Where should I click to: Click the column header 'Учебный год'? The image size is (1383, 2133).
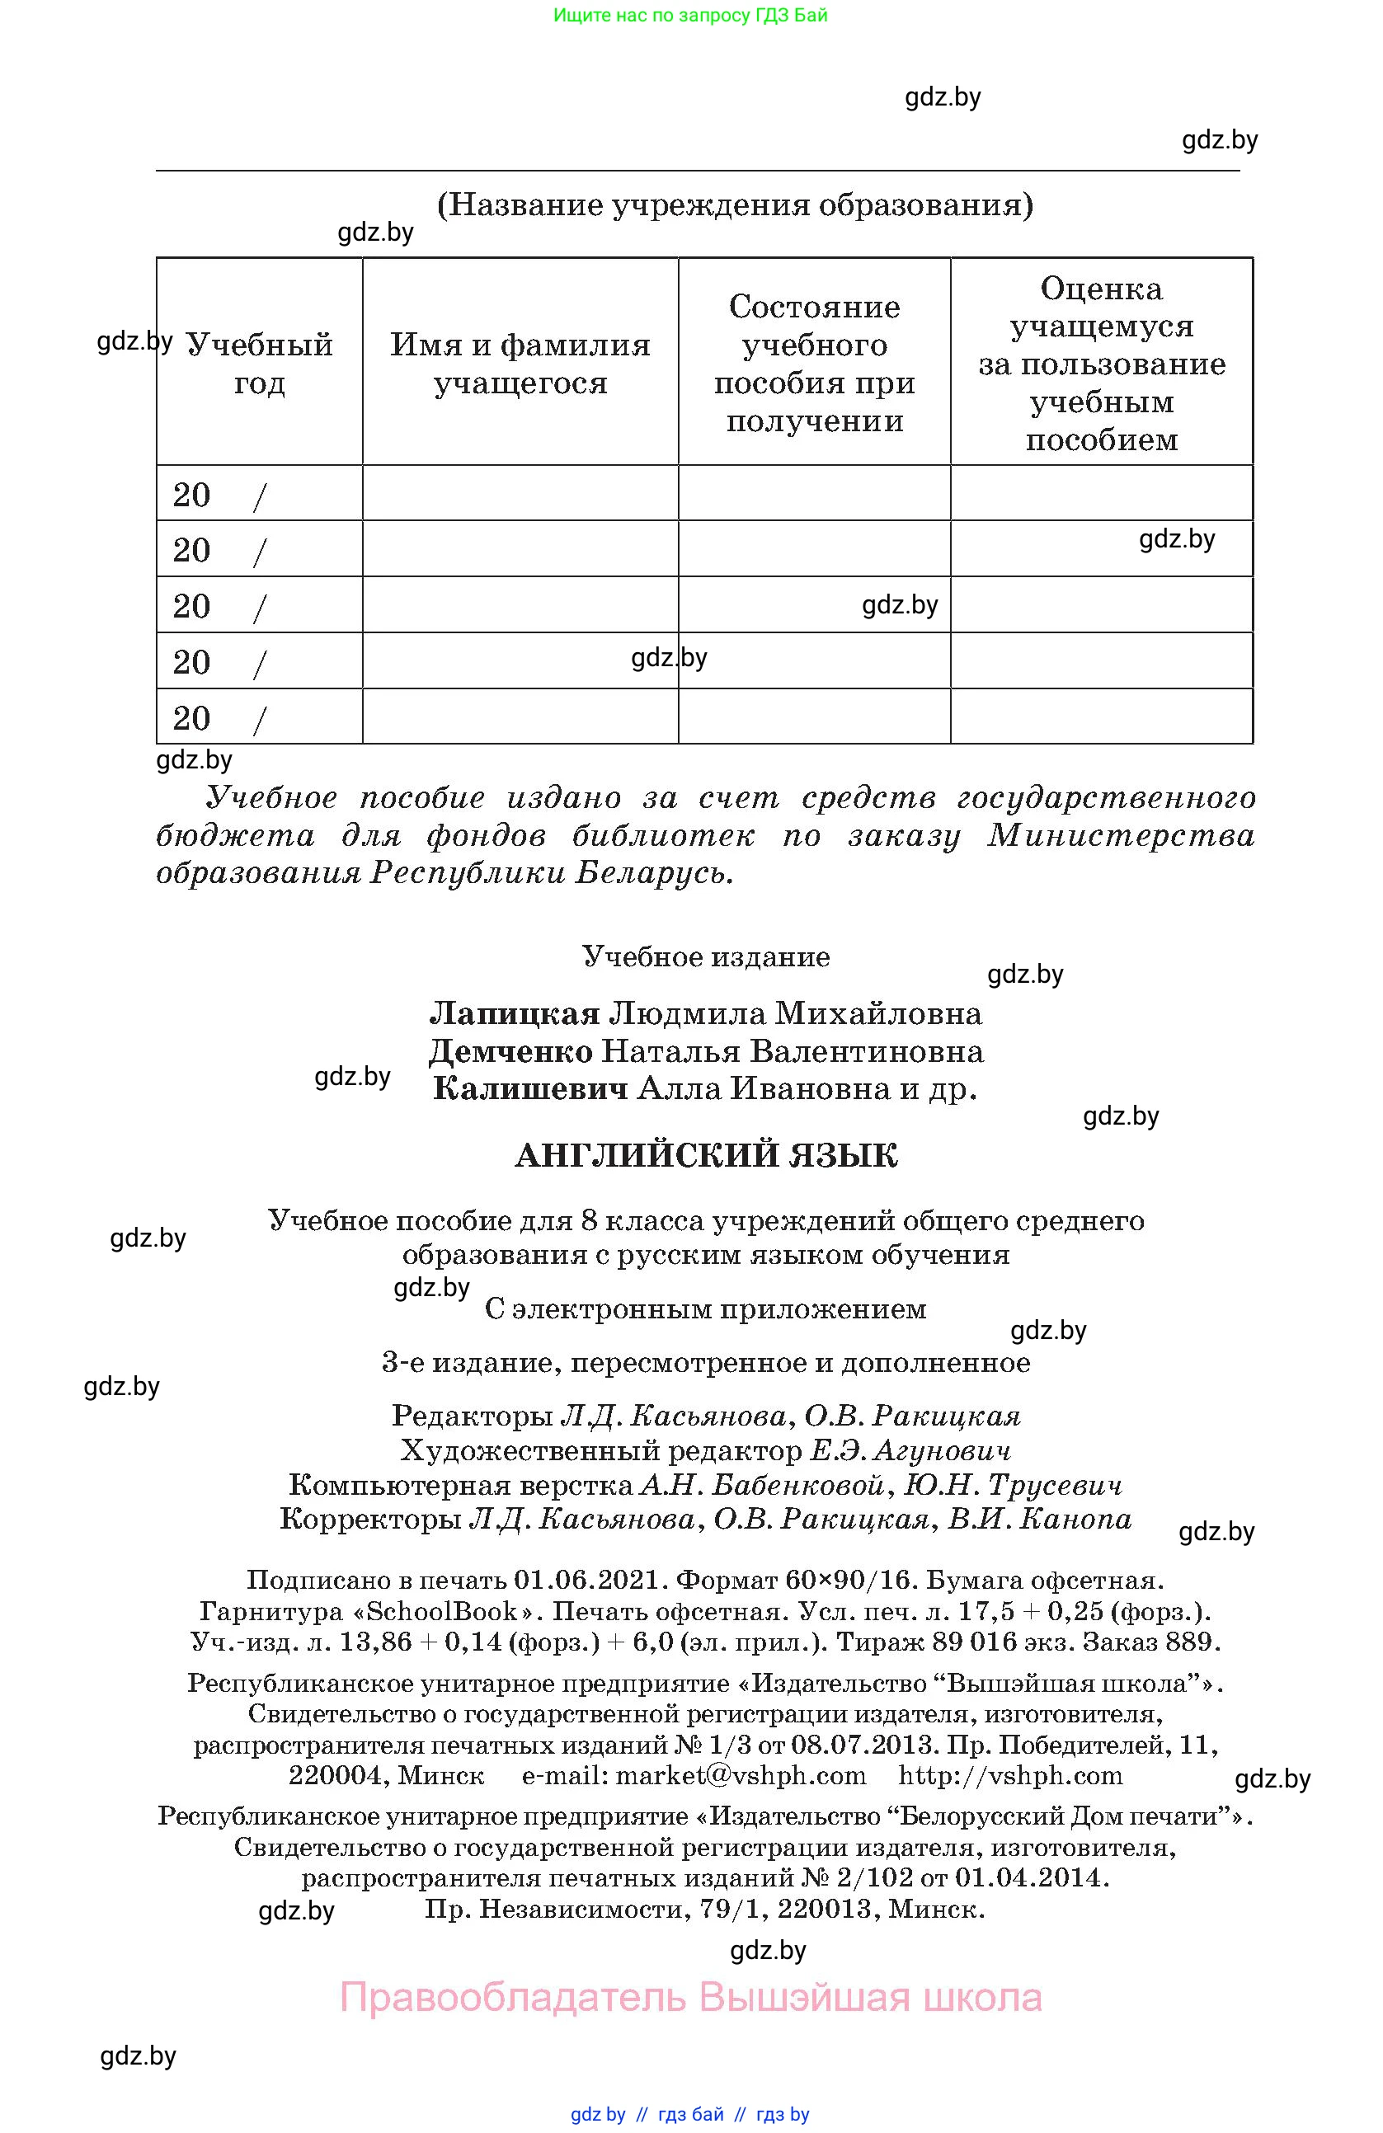259,363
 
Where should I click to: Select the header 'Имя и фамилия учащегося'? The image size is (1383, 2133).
520,363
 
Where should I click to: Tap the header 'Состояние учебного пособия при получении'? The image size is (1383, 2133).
814,363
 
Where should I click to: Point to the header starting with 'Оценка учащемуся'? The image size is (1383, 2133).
1101,363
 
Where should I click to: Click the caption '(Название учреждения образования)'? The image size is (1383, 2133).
734,205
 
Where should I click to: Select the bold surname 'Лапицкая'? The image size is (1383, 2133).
515,1013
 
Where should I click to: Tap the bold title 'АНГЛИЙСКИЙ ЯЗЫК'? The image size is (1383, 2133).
705,1156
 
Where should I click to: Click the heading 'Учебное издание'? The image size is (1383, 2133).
705,957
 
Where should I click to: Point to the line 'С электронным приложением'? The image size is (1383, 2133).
705,1309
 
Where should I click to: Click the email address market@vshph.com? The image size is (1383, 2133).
741,1775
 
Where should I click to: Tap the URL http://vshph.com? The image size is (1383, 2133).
1010,1775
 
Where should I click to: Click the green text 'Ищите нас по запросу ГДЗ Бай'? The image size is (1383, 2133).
690,15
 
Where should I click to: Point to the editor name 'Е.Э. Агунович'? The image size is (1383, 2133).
910,1451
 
